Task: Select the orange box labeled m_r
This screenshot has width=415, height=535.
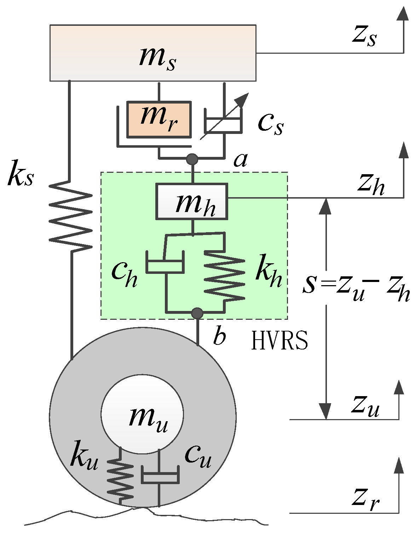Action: pos(159,119)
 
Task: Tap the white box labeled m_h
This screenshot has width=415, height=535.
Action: pos(192,202)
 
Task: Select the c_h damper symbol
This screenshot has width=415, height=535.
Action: pos(165,263)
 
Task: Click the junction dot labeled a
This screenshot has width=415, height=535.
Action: pos(192,159)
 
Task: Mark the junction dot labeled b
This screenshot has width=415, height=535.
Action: pos(197,313)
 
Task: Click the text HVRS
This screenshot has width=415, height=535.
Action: pos(279,341)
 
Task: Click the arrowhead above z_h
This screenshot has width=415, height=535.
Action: pos(403,150)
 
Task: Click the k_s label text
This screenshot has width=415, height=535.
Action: pos(21,174)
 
